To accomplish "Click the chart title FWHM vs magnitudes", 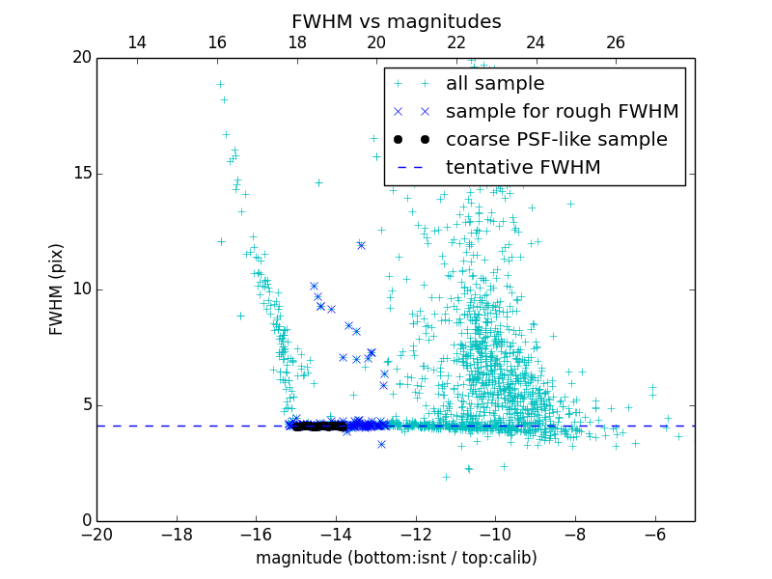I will pos(396,21).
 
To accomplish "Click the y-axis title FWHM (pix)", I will pos(57,289).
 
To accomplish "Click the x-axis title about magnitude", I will pos(396,558).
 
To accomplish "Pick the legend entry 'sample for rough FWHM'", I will pos(562,112).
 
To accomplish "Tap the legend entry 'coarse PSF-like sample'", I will pos(556,140).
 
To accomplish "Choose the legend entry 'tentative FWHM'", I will pos(523,168).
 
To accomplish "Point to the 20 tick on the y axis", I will pos(80,58).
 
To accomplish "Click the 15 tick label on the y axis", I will pos(80,174).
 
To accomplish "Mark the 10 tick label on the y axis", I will pos(80,289).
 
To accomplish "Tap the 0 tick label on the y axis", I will pos(85,521).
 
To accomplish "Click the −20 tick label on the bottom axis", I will pos(96,535).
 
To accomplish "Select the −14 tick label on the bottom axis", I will pos(336,535).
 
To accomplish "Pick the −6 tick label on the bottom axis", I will pos(654,535).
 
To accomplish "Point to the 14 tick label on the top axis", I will pos(137,42).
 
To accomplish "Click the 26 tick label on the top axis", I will pos(616,42).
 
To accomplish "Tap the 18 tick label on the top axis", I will pos(296,42).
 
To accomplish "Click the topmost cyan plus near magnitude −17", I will pos(220,85).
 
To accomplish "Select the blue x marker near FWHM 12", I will pos(361,245).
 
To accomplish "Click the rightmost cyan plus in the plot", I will pos(678,436).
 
